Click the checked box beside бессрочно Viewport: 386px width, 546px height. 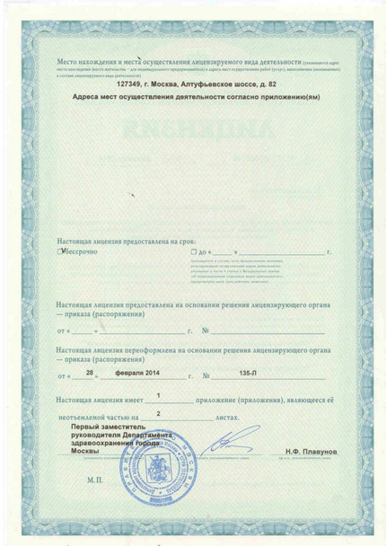click(59, 252)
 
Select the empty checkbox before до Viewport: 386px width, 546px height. click(193, 253)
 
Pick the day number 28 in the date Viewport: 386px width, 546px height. click(88, 370)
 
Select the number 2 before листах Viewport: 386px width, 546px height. click(159, 414)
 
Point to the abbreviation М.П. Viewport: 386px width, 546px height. click(95, 481)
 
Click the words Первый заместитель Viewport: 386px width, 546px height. click(117, 427)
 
